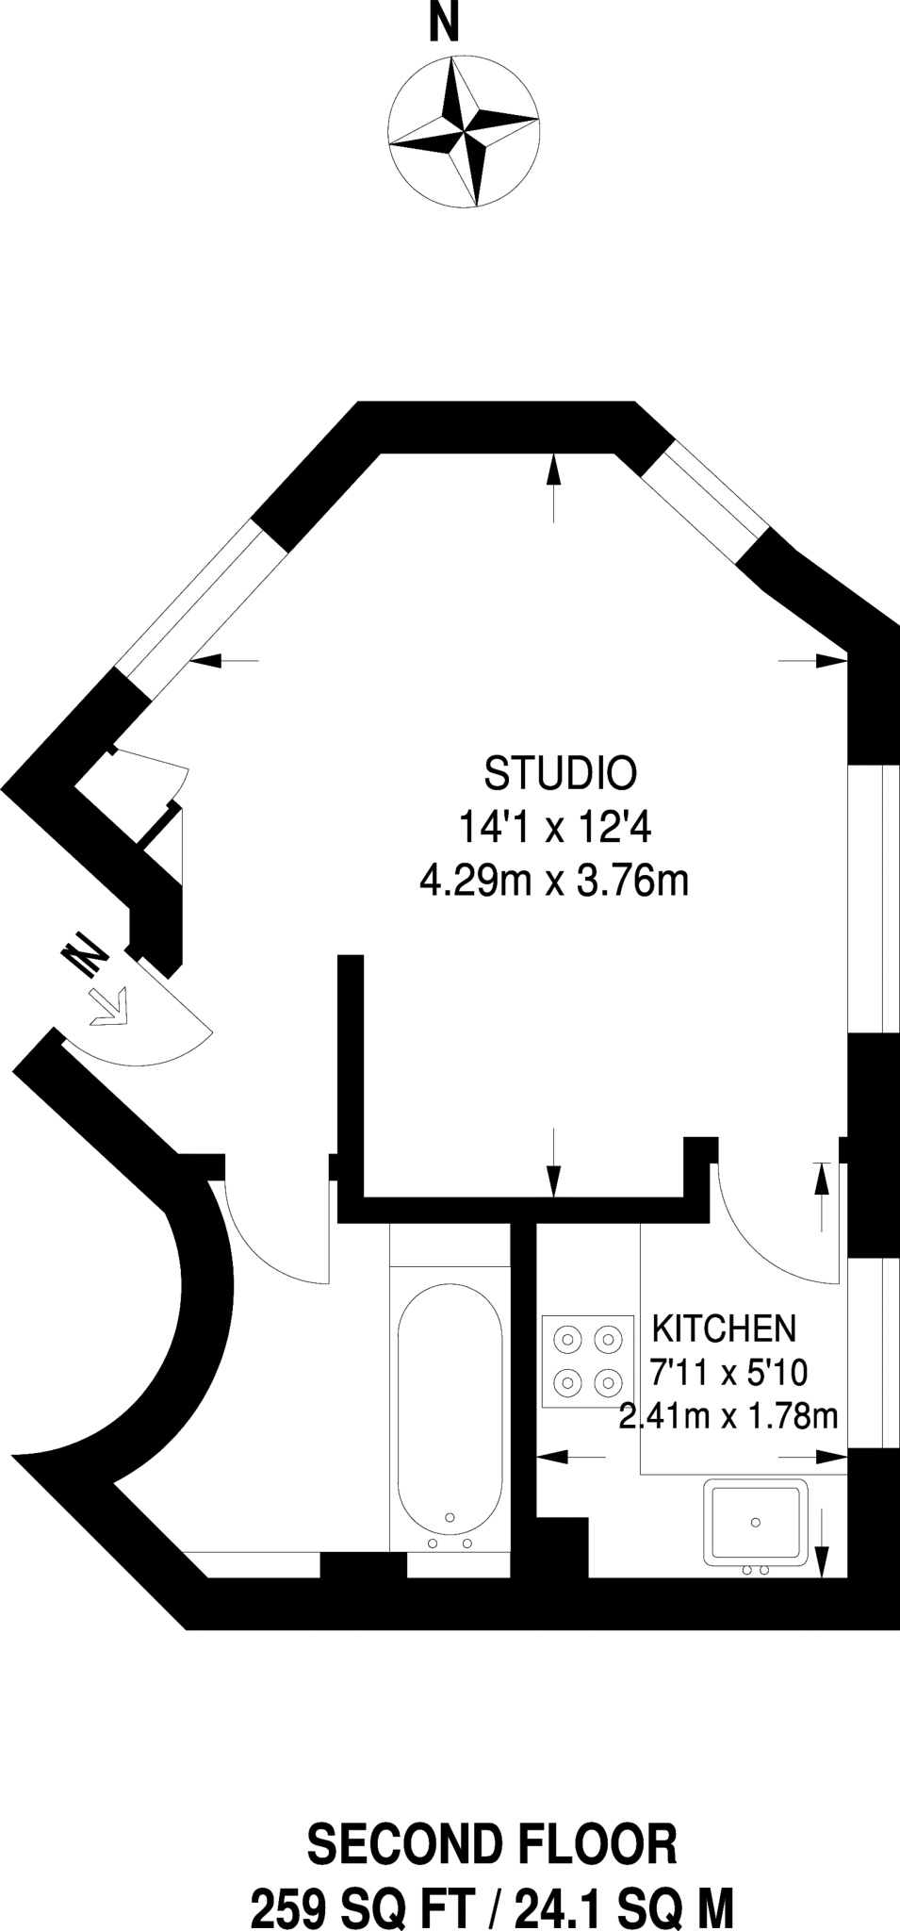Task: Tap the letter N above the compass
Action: pos(444,23)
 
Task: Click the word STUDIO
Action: pos(560,774)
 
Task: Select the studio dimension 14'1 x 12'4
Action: pos(555,829)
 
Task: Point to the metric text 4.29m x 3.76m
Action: pos(554,883)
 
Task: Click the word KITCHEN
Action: pos(724,1329)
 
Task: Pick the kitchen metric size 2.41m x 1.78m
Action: pos(728,1416)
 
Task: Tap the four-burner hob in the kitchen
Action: pos(588,1361)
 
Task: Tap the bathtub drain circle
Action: pos(450,1516)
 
